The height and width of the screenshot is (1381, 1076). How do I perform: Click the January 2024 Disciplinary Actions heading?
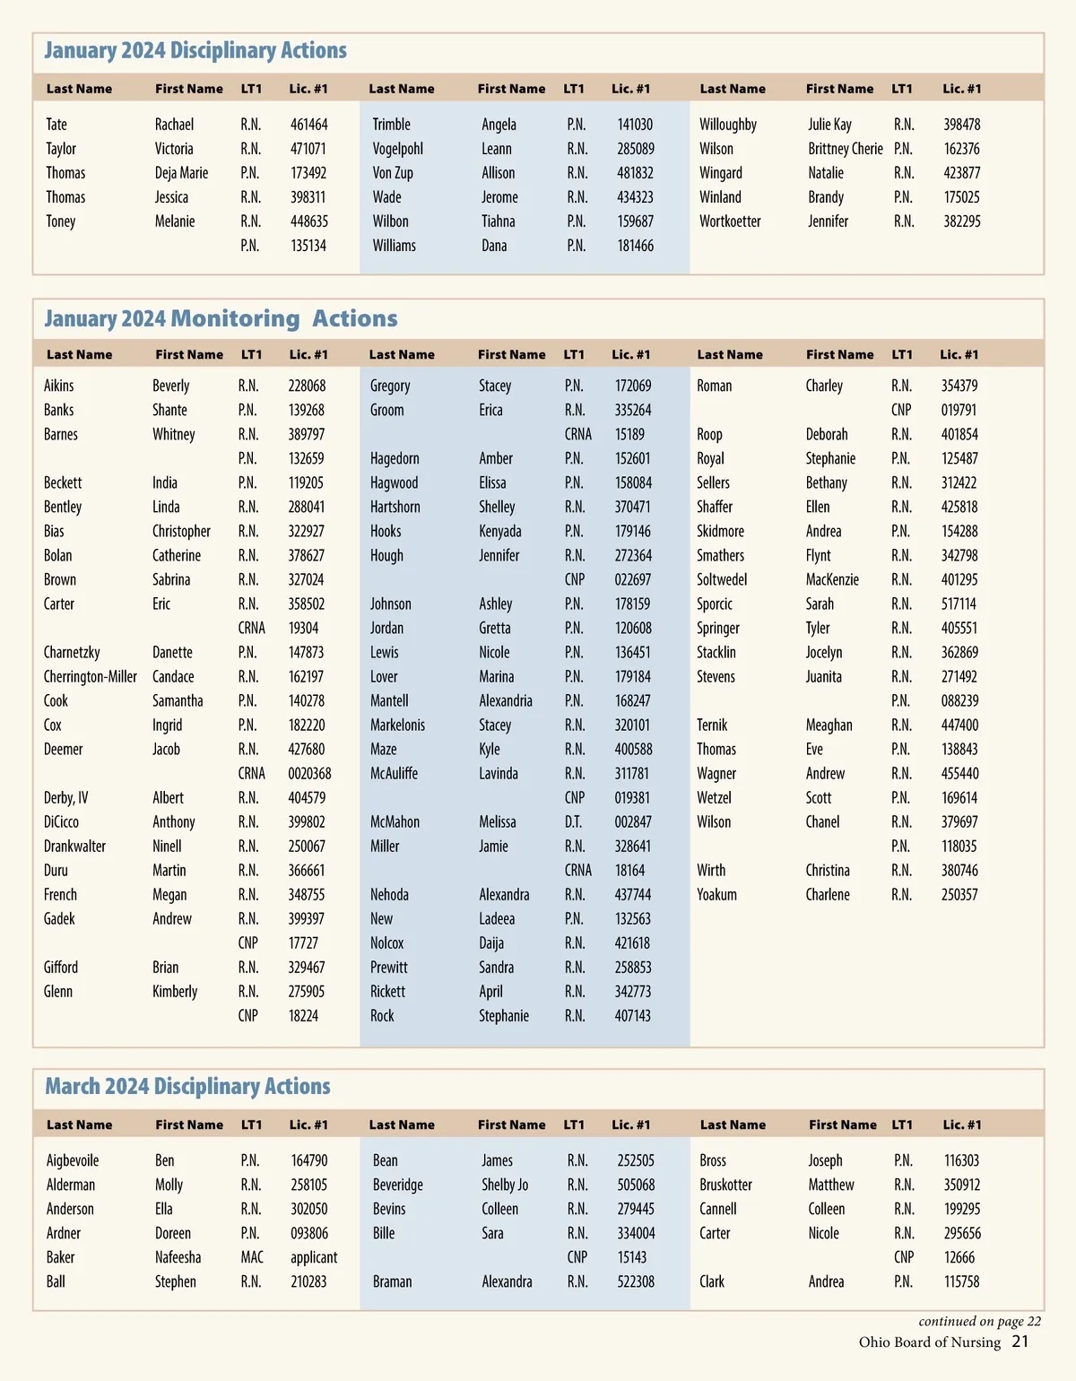coord(195,50)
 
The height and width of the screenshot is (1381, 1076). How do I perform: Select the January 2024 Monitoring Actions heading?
coord(221,318)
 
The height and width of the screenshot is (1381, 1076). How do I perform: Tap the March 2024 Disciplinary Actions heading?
coord(187,1086)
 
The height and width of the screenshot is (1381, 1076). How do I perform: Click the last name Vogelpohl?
coord(397,149)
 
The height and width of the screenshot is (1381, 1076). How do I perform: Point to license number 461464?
coord(308,125)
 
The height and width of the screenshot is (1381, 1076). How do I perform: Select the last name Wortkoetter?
coord(730,221)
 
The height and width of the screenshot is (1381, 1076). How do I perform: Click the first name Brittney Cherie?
coord(845,149)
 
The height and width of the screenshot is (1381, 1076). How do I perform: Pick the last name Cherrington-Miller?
coord(91,677)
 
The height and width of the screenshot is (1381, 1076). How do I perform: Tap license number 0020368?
coord(309,774)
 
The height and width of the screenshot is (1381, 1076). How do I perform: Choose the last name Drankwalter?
coord(74,847)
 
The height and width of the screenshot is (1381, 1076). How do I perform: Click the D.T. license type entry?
coord(573,822)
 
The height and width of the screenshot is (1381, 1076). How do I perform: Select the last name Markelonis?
coord(397,725)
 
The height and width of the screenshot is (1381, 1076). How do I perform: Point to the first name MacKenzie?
coord(832,580)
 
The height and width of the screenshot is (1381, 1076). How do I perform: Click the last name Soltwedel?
coord(722,580)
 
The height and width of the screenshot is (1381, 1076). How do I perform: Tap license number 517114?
coord(959,604)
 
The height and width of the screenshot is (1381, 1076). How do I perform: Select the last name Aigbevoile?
coord(73,1161)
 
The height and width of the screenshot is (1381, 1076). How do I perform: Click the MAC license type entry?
coord(252,1258)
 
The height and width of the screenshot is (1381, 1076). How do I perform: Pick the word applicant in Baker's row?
coord(314,1258)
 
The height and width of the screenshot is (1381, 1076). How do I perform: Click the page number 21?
coord(1020,1342)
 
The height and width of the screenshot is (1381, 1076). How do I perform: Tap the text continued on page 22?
coord(979,1321)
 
